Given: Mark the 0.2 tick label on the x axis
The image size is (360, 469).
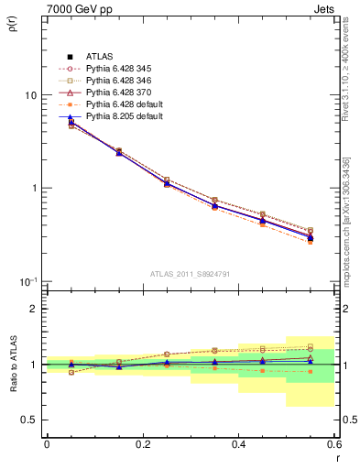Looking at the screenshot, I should point(142,444).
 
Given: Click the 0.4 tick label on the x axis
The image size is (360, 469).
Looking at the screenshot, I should point(238,444).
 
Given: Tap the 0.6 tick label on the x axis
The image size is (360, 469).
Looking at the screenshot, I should point(334,444).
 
